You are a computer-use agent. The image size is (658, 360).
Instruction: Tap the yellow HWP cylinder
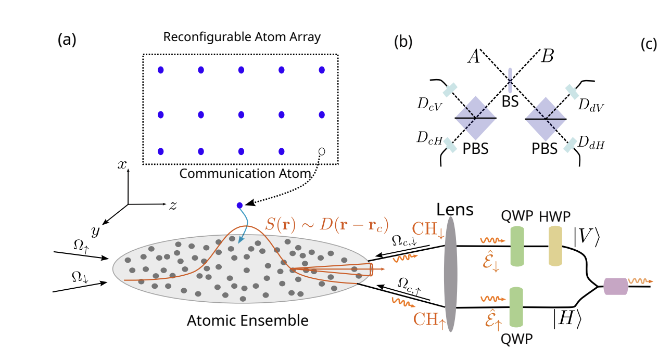(x=556, y=246)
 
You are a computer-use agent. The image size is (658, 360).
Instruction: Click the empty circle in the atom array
(x=321, y=151)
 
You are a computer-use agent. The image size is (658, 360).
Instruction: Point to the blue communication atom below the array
(x=239, y=205)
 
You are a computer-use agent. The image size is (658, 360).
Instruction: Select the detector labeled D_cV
(x=449, y=89)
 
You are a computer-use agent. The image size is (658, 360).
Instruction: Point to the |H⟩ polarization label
(x=566, y=318)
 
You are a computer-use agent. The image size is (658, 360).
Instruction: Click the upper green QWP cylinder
(x=517, y=246)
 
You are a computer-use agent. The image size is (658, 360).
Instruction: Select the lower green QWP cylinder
(x=517, y=307)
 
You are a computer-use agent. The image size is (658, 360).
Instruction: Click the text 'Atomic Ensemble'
(x=247, y=320)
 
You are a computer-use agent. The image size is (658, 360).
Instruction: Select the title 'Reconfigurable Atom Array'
(x=242, y=37)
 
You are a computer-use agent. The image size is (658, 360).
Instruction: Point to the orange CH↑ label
(x=429, y=317)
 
